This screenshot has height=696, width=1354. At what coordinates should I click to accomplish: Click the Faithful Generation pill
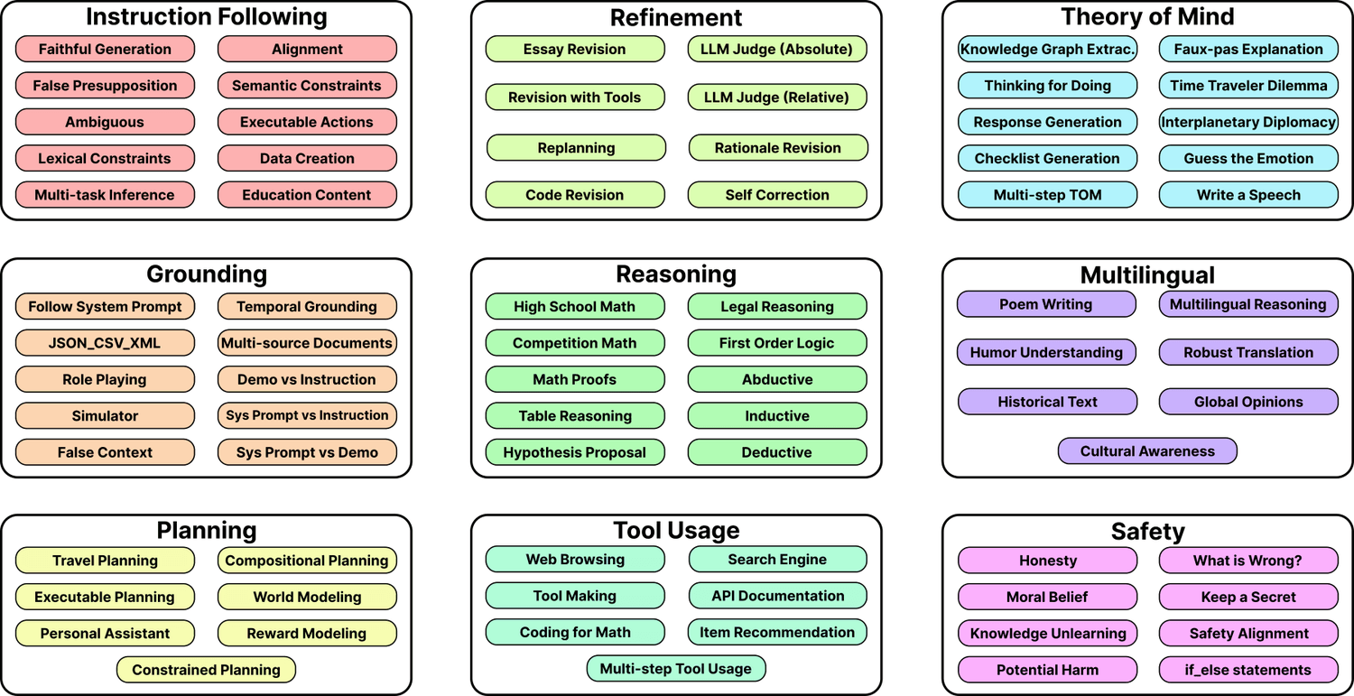click(x=106, y=49)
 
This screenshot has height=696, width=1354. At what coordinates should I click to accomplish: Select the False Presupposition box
click(x=106, y=85)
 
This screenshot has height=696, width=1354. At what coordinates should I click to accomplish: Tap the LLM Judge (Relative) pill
click(x=776, y=97)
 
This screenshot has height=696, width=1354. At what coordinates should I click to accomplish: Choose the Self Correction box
click(x=776, y=195)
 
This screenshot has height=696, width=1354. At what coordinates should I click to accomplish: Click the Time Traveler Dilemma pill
click(x=1248, y=85)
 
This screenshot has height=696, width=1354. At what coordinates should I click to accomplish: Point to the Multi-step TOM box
click(x=1047, y=195)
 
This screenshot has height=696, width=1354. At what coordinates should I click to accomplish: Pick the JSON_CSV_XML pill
click(x=106, y=343)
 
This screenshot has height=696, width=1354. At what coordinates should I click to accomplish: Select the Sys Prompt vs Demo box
click(x=307, y=452)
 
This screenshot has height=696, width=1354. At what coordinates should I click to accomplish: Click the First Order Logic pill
click(x=776, y=343)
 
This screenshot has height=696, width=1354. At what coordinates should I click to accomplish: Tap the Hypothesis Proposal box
click(x=575, y=452)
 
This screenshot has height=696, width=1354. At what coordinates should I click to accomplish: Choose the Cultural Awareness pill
click(x=1147, y=451)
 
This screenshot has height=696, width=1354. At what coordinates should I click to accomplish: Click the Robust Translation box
click(x=1248, y=353)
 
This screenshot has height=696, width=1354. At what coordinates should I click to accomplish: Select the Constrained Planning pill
click(x=206, y=670)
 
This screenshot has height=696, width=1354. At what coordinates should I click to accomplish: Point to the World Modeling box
click(x=307, y=597)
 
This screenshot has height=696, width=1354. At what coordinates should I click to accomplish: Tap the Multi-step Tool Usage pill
click(x=676, y=669)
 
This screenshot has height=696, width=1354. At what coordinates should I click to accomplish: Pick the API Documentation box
click(x=777, y=596)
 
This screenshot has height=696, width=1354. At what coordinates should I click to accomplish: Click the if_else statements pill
click(x=1248, y=670)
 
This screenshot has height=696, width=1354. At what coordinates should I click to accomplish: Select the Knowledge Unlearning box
click(x=1047, y=633)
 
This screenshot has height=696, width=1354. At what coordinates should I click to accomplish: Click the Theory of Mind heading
click(x=1147, y=16)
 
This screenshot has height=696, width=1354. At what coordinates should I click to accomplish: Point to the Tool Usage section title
click(x=676, y=530)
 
